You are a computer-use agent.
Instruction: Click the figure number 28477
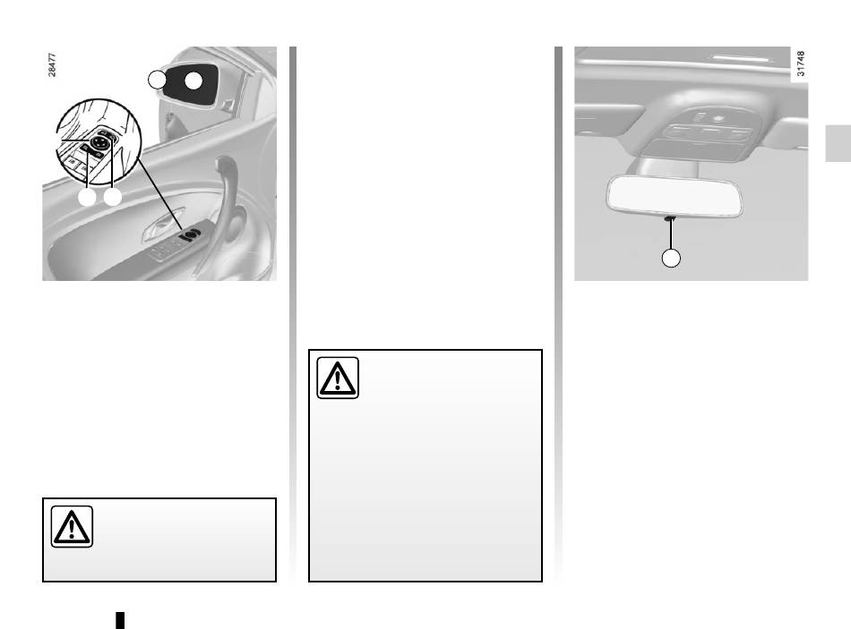[52, 64]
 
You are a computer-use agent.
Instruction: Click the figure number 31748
[801, 64]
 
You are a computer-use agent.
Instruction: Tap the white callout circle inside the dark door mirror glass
[193, 81]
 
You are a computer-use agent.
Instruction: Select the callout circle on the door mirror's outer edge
[157, 80]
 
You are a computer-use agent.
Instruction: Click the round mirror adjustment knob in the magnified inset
[99, 141]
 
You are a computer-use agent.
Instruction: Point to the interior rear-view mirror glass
[674, 196]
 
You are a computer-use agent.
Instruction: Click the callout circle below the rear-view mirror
[671, 258]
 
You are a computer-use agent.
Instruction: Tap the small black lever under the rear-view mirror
[670, 218]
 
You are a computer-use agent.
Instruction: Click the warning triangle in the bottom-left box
[72, 527]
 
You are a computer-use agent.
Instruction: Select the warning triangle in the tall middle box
[338, 378]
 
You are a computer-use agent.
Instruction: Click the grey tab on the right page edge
[838, 143]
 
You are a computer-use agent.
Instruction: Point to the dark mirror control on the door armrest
[190, 234]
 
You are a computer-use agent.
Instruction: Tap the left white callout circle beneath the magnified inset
[87, 198]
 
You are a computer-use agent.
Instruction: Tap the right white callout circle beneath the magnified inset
[112, 198]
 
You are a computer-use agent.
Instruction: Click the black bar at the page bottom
[121, 620]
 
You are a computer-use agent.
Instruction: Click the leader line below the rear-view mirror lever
[671, 234]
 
